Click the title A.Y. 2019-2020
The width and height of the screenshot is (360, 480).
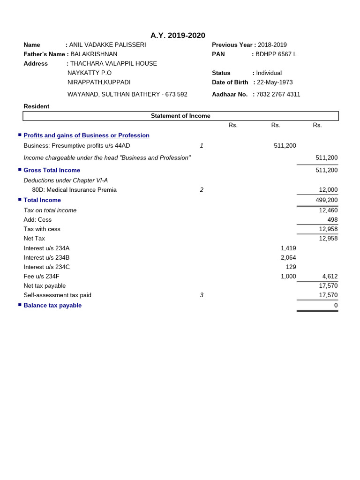178,36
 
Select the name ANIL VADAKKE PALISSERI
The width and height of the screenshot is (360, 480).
107,45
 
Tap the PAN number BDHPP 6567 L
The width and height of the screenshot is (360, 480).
276,54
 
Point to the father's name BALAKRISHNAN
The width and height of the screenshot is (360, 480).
94,54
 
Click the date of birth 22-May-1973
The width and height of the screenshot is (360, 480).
275,82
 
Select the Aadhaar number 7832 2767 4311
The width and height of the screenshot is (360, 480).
278,94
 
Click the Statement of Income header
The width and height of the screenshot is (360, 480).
180,116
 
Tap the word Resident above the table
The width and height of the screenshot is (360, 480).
37,106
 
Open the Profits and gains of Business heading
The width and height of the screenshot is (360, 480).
86,135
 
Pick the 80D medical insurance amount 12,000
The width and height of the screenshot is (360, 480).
328,190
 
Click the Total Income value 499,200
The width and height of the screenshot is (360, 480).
326,200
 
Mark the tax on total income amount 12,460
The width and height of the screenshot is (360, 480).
328,210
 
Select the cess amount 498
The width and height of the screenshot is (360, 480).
332,220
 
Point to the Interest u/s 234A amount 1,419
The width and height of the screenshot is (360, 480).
288,248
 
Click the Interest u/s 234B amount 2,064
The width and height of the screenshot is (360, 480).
288,258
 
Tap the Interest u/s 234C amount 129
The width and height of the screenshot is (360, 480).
291,267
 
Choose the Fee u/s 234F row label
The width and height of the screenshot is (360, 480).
42,277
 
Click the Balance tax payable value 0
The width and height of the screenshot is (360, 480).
336,306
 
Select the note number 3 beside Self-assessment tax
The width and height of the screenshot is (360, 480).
202,295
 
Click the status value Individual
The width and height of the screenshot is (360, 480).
269,73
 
